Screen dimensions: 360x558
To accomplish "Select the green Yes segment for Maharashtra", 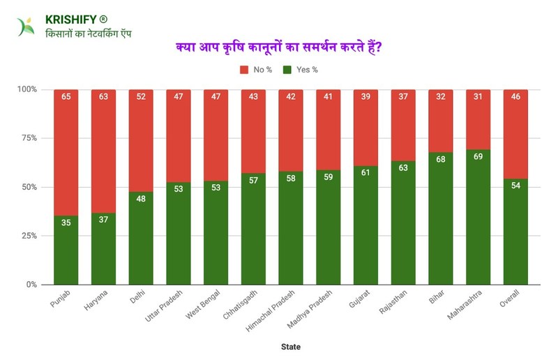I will (478, 223).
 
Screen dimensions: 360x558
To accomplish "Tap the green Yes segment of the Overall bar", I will (515, 237).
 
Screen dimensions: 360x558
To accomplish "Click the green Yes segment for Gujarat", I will (365, 230).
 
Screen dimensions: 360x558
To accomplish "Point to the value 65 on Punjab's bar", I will (66, 98).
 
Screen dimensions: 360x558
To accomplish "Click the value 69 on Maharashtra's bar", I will (478, 158).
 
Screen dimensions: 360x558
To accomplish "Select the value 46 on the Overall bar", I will (515, 98).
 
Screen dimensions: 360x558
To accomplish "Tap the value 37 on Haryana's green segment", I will (103, 221).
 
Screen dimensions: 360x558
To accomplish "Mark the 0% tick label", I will (31, 285).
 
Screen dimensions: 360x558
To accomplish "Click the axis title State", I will (290, 346).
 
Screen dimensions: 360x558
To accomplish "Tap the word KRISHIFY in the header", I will (70, 20).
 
